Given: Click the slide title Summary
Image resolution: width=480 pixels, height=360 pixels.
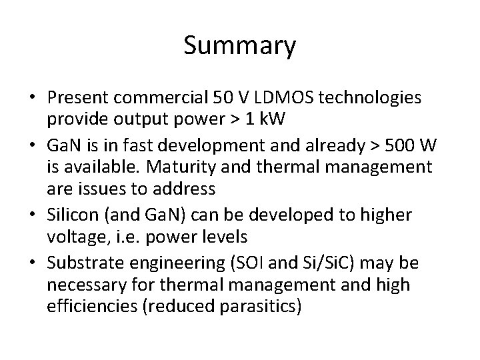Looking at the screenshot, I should pos(239,46).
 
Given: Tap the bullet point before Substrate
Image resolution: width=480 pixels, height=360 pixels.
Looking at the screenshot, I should pos(32,263).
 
